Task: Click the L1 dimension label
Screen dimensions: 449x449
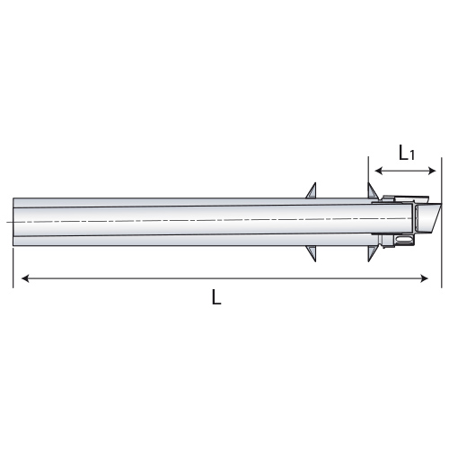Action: (407, 153)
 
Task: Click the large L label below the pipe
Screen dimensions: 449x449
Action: (216, 296)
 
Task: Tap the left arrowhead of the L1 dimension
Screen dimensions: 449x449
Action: (378, 171)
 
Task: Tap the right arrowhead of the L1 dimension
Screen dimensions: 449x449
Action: (433, 171)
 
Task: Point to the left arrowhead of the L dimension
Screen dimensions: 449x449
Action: (25, 278)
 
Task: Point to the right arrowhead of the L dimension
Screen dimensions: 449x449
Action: (425, 278)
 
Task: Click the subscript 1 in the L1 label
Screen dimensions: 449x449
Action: (412, 155)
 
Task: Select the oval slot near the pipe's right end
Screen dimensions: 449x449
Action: (404, 240)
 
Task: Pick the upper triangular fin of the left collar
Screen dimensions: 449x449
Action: (313, 191)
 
